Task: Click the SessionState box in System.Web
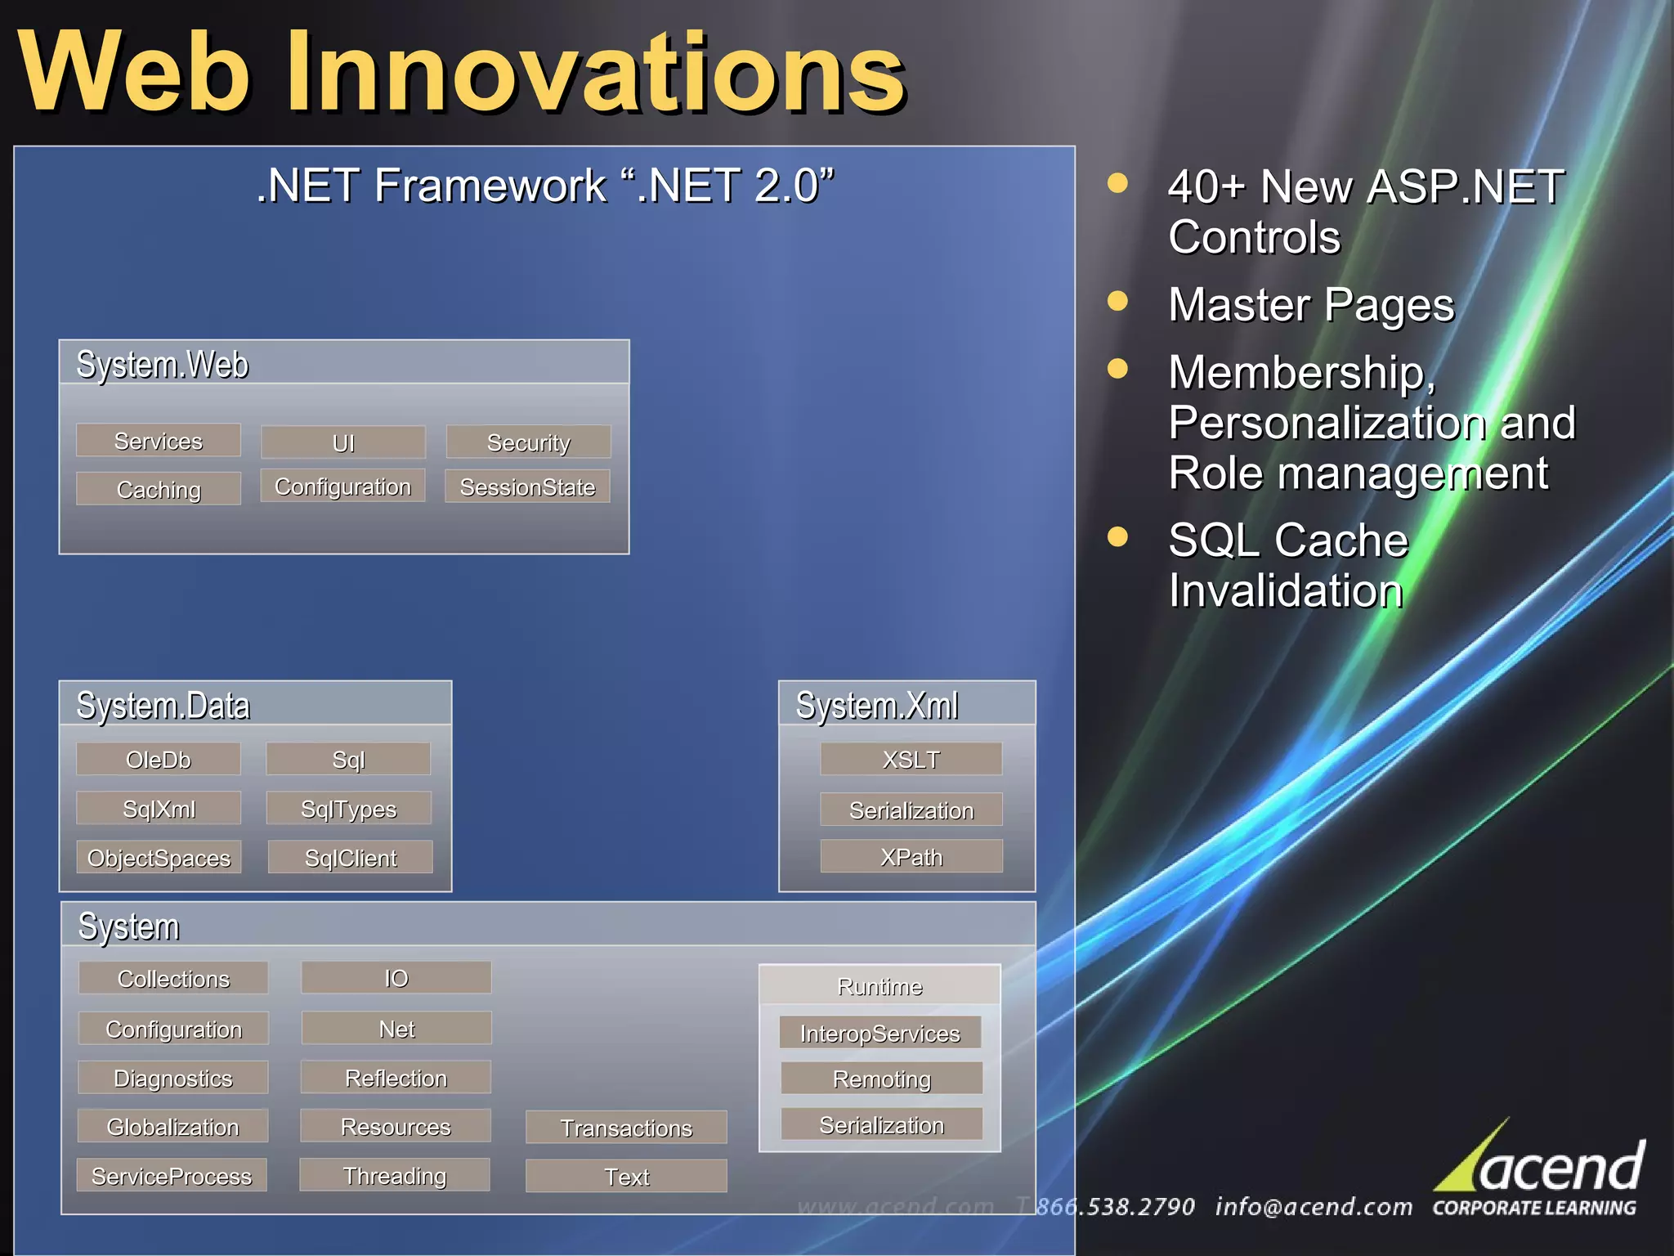tap(527, 487)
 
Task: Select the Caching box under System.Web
tap(159, 489)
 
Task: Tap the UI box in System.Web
tap(343, 442)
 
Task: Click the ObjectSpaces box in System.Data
tap(159, 858)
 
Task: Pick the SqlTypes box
tap(349, 809)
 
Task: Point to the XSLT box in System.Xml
tap(911, 760)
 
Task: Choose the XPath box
tap(911, 857)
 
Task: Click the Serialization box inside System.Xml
tap(911, 810)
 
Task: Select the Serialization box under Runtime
tap(881, 1125)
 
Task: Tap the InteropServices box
tap(880, 1033)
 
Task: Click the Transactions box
tap(626, 1128)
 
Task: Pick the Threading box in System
tap(395, 1175)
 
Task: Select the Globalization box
tap(172, 1127)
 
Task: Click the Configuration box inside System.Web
tap(343, 486)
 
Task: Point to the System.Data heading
tap(163, 705)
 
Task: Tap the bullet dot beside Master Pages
tap(1117, 302)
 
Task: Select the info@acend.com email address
tap(1314, 1207)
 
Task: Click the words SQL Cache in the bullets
tap(1288, 540)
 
